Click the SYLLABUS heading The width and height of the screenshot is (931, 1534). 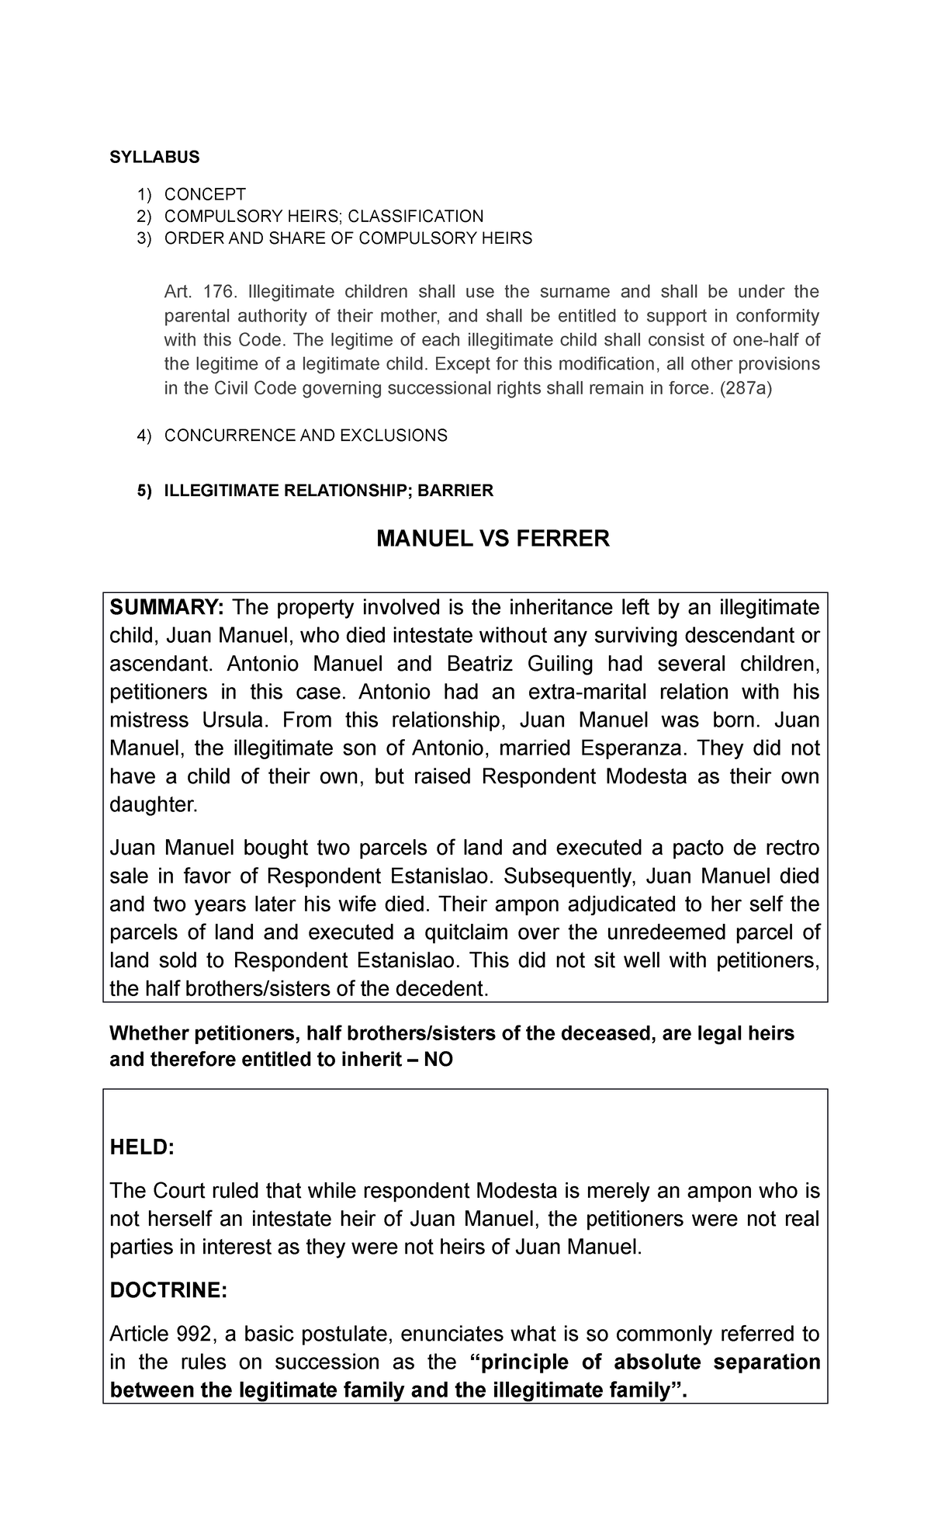tap(154, 158)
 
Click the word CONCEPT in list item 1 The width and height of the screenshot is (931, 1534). tap(205, 194)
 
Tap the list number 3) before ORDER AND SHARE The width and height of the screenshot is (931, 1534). tap(144, 238)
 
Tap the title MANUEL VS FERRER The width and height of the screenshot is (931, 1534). tap(493, 539)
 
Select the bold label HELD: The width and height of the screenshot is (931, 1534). tap(142, 1148)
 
